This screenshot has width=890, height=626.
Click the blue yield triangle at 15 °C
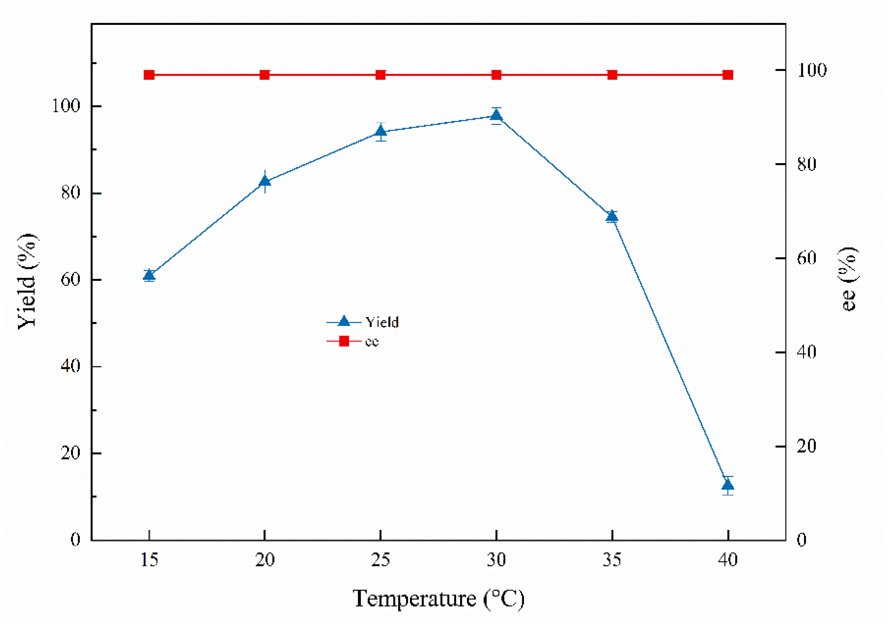[x=149, y=275]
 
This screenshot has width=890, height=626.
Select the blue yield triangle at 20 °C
[x=265, y=181]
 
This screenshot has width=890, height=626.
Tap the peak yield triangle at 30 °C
[x=496, y=116]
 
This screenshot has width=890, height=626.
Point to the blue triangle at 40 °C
[x=727, y=485]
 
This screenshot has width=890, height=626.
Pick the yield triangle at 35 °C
[x=612, y=216]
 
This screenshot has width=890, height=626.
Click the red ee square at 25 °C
[x=381, y=75]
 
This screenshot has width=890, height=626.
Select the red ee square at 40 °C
[x=727, y=75]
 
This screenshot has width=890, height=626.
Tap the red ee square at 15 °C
[x=149, y=75]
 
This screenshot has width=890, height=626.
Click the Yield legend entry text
[x=382, y=322]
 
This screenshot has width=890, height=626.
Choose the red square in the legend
[x=344, y=341]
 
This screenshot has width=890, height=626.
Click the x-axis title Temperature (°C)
[x=439, y=599]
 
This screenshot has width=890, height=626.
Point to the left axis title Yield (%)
[x=27, y=282]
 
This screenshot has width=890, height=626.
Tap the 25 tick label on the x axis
[x=381, y=560]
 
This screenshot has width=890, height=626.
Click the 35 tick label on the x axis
[x=612, y=560]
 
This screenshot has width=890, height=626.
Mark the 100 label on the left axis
[x=66, y=106]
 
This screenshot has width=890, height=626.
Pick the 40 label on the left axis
[x=70, y=366]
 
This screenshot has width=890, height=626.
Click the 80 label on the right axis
[x=806, y=164]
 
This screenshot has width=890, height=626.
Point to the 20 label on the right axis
[x=806, y=446]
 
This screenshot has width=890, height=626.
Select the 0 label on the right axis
[x=802, y=540]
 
